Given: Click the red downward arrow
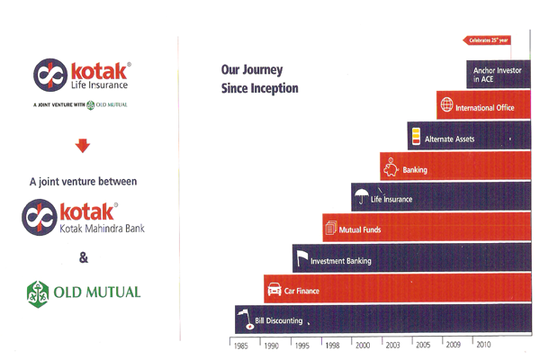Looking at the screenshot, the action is pos(83,146).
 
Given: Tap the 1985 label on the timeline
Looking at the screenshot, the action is pos(240,346).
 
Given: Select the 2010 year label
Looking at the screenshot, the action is pos(483,344).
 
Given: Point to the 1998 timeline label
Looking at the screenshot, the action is pos(332,346).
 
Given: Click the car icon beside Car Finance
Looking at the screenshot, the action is pos(274,289).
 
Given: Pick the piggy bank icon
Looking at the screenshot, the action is pos(391,167).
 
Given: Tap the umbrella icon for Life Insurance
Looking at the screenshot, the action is pos(361,196).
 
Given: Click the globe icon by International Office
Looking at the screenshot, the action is pos(446,104).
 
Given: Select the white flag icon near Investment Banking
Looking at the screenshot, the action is pos(302,258).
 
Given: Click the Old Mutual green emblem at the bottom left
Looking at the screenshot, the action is pos(38,294).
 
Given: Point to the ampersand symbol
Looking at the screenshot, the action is pos(84,257).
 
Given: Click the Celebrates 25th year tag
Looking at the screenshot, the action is pos(487,40).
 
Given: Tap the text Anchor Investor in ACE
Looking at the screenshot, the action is pos(497,75).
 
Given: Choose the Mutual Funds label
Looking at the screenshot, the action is pos(360,229).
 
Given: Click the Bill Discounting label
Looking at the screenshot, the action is pos(279,320).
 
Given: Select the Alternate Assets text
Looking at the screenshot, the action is pos(449,139).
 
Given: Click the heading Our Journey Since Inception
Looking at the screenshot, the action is pos(260,79).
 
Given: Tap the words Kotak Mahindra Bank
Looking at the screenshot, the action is pos(103,229).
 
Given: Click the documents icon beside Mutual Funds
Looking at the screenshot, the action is pos(331,228).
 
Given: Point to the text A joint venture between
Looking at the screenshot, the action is pos(84,182).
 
